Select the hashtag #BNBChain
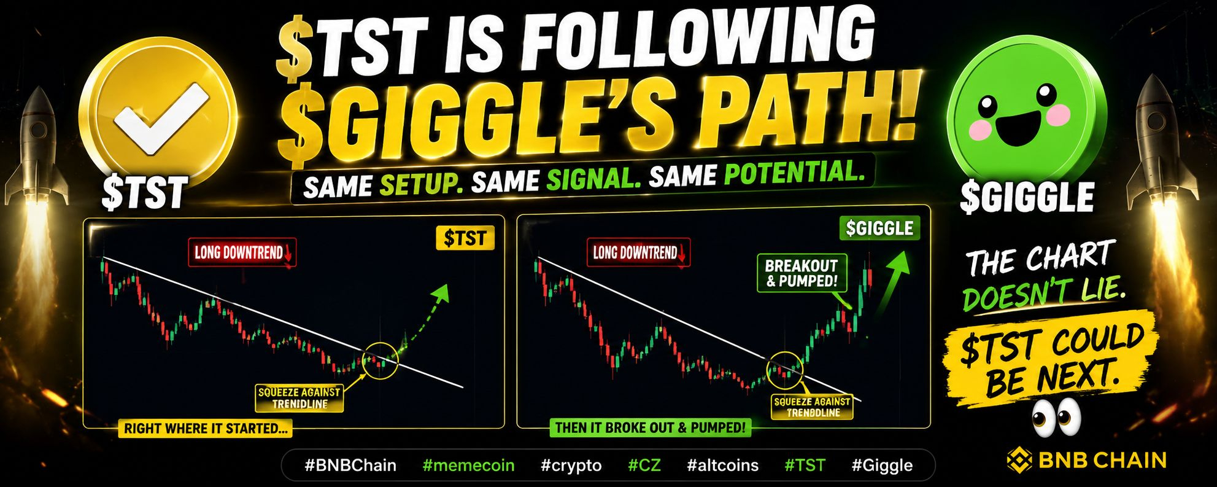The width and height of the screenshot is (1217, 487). click(x=350, y=466)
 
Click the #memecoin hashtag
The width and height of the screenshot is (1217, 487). click(x=468, y=466)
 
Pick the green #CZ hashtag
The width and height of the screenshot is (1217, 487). click(x=644, y=466)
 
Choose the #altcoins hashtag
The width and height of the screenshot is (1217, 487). click(x=723, y=466)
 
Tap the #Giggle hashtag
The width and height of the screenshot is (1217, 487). click(x=882, y=466)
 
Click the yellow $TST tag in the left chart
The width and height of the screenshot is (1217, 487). click(x=465, y=238)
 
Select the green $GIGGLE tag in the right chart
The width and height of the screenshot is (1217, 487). click(x=879, y=228)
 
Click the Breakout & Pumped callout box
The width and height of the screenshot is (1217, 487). click(x=802, y=273)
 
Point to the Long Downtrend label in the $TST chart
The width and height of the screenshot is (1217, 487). click(x=242, y=252)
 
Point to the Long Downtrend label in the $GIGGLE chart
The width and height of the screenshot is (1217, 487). click(x=638, y=252)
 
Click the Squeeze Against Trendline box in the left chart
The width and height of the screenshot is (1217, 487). click(x=299, y=398)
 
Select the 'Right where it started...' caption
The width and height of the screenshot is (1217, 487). click(x=206, y=429)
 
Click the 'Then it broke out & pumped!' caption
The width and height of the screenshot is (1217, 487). click(x=651, y=427)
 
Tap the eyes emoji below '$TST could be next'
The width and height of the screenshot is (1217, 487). click(x=1056, y=417)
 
